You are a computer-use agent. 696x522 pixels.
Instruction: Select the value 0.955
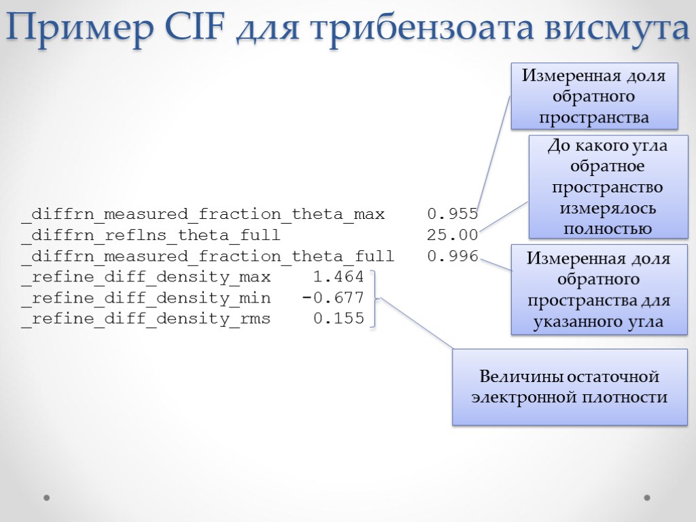pos(452,215)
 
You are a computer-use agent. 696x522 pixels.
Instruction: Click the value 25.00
pos(452,236)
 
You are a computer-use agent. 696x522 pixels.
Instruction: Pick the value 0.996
pos(452,256)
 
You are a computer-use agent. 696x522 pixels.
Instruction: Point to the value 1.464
pos(338,277)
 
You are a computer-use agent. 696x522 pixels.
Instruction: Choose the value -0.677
pos(333,298)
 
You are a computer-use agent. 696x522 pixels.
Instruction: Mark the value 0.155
pos(338,319)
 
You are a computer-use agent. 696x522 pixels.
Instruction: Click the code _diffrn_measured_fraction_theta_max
pos(203,215)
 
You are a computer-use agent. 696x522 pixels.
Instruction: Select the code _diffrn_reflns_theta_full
pos(150,236)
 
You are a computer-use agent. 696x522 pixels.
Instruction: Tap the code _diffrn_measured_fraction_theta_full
pos(207,256)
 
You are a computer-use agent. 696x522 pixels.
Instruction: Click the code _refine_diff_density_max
pos(145,277)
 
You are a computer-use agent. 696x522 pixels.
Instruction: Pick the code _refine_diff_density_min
pos(145,298)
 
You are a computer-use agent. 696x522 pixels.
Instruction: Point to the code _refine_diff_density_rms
pos(145,319)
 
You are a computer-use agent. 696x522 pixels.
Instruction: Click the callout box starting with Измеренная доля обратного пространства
pos(594,96)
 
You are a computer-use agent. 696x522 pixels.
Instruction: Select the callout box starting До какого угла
pos(608,186)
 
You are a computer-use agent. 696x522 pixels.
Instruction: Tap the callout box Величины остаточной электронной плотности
pos(570,387)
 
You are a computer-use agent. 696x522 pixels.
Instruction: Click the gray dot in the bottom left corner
pos(47,498)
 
